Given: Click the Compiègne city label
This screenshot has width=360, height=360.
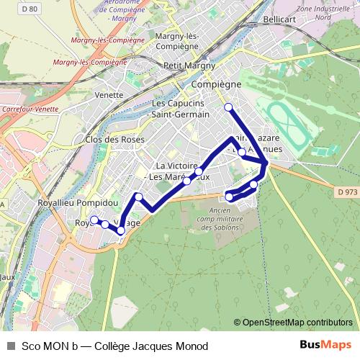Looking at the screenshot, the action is [215, 84].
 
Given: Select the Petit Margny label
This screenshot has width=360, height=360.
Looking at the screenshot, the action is [189, 66].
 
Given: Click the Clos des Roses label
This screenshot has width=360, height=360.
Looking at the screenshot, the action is [115, 139].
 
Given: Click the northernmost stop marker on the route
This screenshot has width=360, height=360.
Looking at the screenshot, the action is [229, 108].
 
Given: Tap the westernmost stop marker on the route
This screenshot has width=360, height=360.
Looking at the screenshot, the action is [94, 220].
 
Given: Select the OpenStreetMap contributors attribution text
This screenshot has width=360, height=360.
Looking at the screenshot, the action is [297, 322].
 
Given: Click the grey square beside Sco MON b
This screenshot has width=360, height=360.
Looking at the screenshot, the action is [10, 346].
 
